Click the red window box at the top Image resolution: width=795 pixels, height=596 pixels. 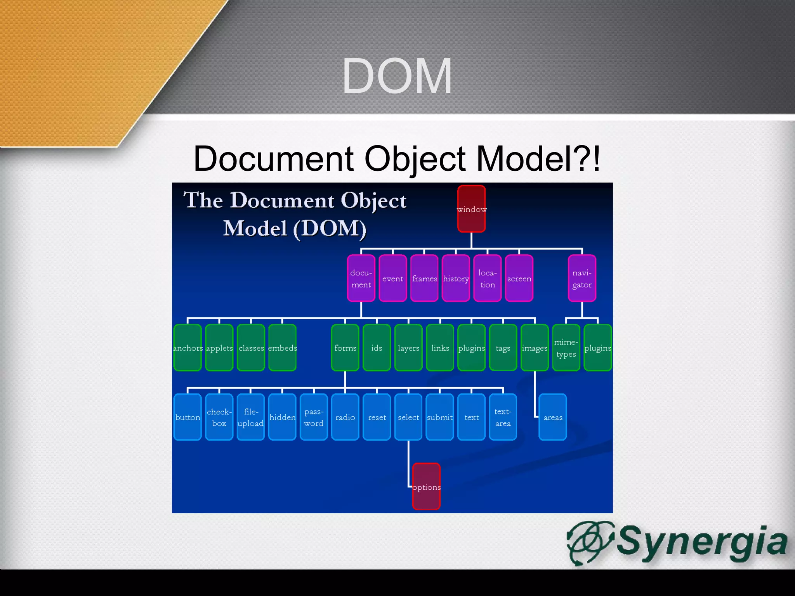pos(471,209)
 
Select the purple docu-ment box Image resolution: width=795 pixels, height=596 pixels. pos(361,278)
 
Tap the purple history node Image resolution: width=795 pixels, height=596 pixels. pos(456,278)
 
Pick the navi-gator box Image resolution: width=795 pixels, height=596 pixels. pos(582,278)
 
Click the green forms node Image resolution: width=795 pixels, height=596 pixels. pos(345,348)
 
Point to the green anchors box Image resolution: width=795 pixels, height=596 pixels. pos(187,348)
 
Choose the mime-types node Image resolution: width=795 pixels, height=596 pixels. pos(566,348)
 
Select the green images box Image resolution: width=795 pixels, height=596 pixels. pos(535,348)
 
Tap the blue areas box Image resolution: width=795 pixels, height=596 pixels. pos(553,417)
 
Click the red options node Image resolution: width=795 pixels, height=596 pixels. pos(426,487)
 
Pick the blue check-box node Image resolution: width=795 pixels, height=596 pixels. pos(219,417)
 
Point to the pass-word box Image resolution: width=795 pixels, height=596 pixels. pos(314,417)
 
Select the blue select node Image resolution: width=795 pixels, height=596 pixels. pos(408,417)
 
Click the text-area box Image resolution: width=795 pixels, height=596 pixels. pos(503,417)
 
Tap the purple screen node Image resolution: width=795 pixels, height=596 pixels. pos(519,278)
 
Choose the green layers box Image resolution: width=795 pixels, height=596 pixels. pos(408,348)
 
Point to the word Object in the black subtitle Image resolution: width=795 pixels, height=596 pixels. pos(415,159)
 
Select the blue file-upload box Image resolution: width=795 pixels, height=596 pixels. pos(250,417)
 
